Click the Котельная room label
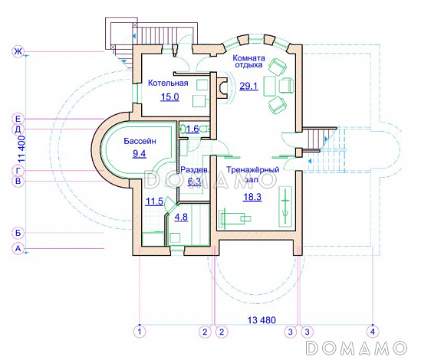[x=168, y=83]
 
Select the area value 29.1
[x=248, y=86]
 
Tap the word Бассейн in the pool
[x=140, y=141]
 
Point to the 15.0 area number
[x=169, y=97]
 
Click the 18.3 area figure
[x=252, y=197]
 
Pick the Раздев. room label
[x=194, y=169]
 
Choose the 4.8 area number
[x=181, y=217]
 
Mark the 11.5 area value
[x=154, y=201]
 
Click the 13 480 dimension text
[x=261, y=320]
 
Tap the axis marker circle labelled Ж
[x=18, y=51]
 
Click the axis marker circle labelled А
[x=18, y=249]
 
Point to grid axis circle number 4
[x=373, y=332]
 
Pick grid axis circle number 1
[x=140, y=332]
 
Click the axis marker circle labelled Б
[x=18, y=233]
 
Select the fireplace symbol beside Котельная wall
[x=222, y=88]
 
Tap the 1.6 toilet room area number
[x=192, y=129]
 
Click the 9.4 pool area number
[x=140, y=153]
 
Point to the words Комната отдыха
[x=248, y=61]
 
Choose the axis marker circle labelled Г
[x=18, y=170]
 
